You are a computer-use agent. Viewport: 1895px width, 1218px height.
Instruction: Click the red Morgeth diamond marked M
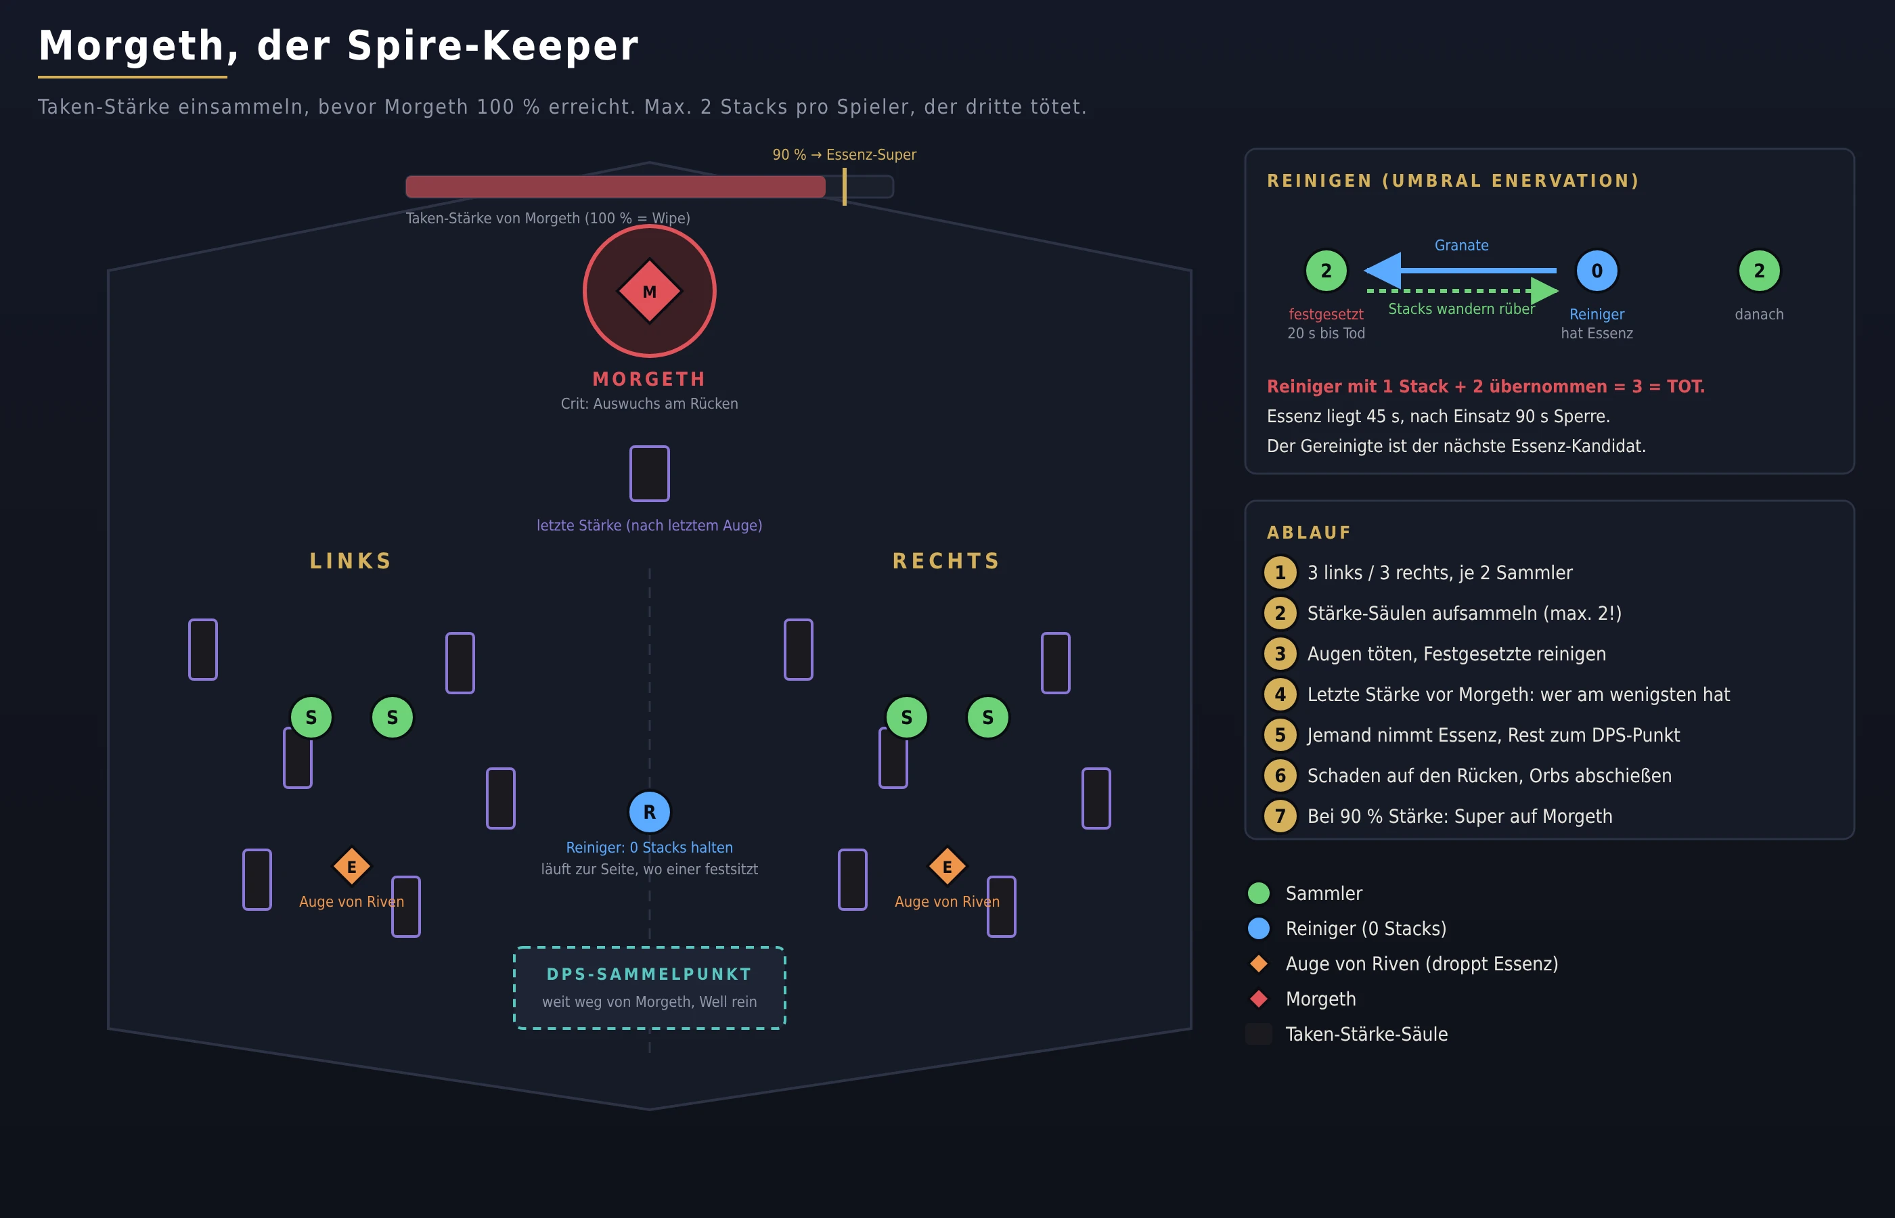click(x=649, y=291)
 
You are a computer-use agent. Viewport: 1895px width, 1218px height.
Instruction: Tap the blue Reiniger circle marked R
click(x=649, y=811)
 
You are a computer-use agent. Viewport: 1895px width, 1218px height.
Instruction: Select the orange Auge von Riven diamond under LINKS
click(x=352, y=866)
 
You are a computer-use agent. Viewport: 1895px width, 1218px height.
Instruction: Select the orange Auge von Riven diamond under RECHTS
click(x=947, y=866)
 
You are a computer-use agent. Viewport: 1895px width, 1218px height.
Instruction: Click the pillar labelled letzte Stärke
click(x=649, y=473)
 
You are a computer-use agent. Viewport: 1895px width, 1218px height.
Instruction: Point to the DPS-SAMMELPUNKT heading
click(x=649, y=974)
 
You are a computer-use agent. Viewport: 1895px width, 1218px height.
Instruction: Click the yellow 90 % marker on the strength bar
click(x=845, y=187)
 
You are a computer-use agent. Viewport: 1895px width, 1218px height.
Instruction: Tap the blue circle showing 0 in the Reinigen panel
click(x=1597, y=271)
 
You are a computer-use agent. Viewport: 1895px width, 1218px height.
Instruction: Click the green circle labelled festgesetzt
click(x=1326, y=271)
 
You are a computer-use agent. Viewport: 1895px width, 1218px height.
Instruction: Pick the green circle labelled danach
click(x=1759, y=271)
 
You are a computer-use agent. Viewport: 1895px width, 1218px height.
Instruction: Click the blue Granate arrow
click(x=1460, y=271)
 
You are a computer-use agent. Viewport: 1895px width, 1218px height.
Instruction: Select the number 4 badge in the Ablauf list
click(x=1280, y=694)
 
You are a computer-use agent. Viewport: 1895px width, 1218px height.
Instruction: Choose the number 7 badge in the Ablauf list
click(x=1280, y=816)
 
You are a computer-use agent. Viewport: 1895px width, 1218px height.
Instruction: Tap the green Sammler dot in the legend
click(x=1258, y=893)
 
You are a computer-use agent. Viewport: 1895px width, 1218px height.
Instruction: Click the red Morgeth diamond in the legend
click(x=1258, y=999)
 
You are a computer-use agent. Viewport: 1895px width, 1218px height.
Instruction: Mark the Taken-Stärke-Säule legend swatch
click(x=1258, y=1034)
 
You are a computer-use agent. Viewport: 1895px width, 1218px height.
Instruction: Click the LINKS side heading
click(x=351, y=561)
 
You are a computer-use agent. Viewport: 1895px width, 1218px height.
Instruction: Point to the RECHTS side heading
click(x=947, y=561)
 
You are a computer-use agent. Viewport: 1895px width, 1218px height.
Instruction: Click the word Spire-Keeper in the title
click(x=492, y=46)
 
